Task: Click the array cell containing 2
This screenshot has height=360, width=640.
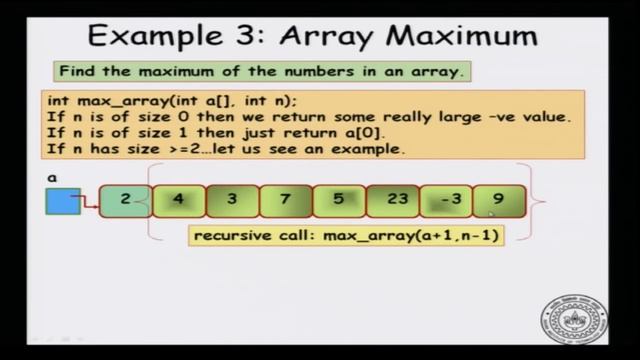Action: click(x=125, y=200)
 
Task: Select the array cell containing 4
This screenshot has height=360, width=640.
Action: click(x=179, y=200)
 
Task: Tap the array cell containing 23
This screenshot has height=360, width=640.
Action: click(x=396, y=200)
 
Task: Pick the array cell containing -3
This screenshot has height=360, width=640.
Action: click(x=446, y=200)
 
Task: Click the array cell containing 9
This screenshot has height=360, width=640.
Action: click(x=498, y=200)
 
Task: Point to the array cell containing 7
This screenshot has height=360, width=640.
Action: click(x=285, y=200)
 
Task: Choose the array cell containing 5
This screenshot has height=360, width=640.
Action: click(x=338, y=200)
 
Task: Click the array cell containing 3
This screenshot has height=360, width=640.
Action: click(x=232, y=200)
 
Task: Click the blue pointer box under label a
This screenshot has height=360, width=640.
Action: click(x=62, y=202)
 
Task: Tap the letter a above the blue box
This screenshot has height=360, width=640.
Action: click(x=51, y=177)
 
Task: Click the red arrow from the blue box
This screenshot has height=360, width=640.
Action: click(x=90, y=201)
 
